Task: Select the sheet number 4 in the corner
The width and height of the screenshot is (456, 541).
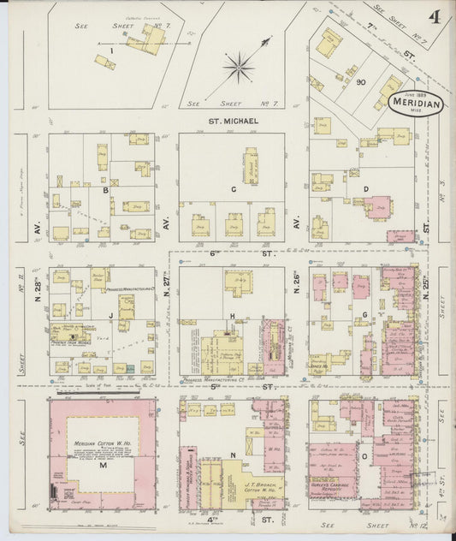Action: pyautogui.click(x=435, y=17)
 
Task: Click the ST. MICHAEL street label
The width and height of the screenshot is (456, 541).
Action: pyautogui.click(x=233, y=122)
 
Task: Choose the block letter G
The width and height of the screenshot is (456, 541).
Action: pyautogui.click(x=364, y=315)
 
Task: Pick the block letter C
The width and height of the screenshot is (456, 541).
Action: pyautogui.click(x=233, y=188)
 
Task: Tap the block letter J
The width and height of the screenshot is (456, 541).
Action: pyautogui.click(x=111, y=315)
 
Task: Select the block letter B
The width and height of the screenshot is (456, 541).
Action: pyautogui.click(x=105, y=190)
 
